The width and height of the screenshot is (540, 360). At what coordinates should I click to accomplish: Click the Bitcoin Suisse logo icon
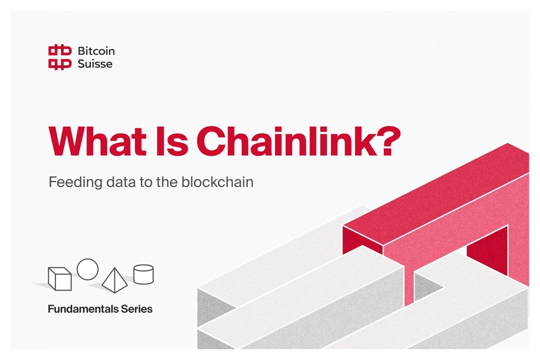click(59, 57)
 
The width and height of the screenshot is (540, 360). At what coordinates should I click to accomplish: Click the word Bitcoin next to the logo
click(96, 51)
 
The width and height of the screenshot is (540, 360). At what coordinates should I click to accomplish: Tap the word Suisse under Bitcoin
click(95, 64)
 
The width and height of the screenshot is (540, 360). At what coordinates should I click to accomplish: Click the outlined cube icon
click(59, 279)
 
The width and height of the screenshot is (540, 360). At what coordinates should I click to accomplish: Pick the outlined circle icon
click(88, 269)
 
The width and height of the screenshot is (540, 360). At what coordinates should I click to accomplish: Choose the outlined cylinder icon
click(143, 274)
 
